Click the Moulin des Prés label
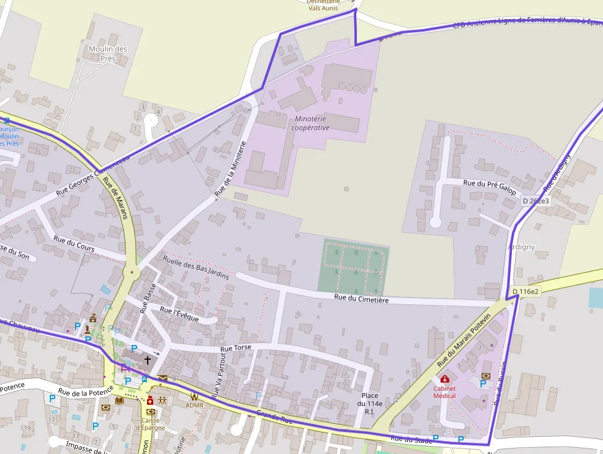[x=108, y=54]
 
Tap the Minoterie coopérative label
[x=310, y=123]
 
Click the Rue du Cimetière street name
[x=362, y=299]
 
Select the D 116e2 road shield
[x=525, y=291]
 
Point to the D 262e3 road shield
[x=535, y=201]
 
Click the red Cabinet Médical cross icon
[x=444, y=379]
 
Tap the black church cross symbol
[x=148, y=359]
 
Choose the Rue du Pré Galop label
[x=489, y=184]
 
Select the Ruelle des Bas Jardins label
[x=196, y=267]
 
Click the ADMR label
[x=194, y=405]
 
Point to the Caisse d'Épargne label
[x=151, y=425]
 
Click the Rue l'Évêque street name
[x=179, y=314]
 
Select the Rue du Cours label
[x=74, y=243]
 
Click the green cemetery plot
[x=353, y=266]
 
